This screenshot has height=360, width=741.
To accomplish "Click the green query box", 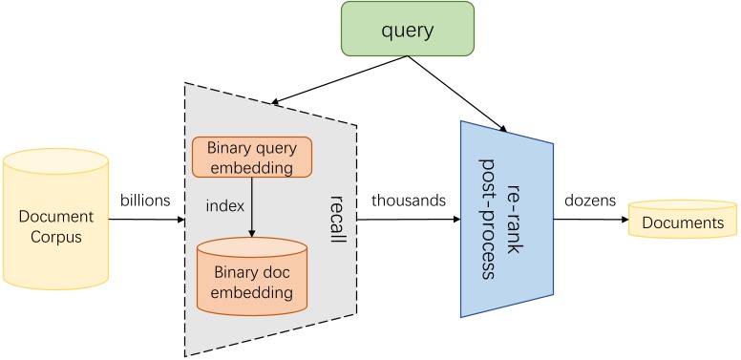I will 407,30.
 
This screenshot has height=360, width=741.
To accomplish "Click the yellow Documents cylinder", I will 682,221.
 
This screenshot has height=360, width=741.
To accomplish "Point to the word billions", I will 145,201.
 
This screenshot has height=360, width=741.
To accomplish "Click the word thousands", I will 409,201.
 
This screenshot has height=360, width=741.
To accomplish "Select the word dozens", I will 589,201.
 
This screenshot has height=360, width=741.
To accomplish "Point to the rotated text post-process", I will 488,219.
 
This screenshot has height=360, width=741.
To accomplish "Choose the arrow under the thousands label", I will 409,220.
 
